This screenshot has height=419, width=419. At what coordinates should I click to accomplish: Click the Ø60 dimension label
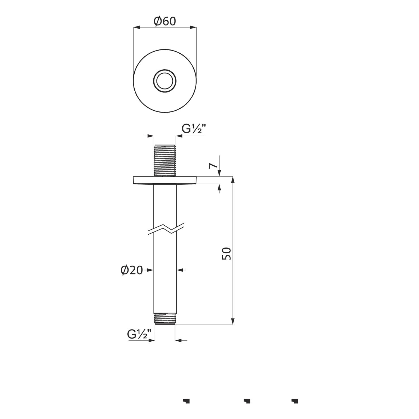pos(165,21)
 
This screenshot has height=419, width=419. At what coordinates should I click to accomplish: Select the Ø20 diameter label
pos(132,270)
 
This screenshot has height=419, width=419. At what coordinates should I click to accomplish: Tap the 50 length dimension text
pos(227,253)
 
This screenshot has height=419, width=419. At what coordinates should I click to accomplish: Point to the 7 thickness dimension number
pos(213,166)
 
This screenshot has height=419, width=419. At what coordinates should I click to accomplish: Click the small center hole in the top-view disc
pos(165,81)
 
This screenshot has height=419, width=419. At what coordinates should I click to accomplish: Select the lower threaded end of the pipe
pos(165,319)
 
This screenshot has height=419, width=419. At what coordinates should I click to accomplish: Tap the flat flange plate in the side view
pos(165,180)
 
